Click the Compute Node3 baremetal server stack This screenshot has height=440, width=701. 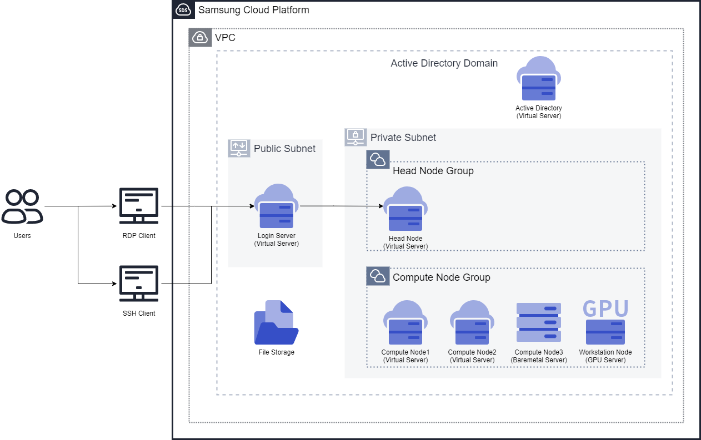click(538, 322)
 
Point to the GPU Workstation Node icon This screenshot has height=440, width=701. click(605, 322)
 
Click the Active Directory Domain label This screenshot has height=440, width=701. click(444, 63)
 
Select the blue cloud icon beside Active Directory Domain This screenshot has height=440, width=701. click(538, 78)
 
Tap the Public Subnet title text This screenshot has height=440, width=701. click(284, 149)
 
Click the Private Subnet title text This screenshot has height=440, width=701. click(403, 138)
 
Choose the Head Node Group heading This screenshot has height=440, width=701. click(433, 171)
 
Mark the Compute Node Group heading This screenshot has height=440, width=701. click(441, 277)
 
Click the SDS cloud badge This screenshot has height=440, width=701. click(183, 9)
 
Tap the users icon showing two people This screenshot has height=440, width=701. click(22, 207)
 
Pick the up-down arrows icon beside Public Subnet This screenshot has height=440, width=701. click(239, 148)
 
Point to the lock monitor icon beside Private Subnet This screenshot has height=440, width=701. click(355, 137)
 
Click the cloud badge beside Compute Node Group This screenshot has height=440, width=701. click(378, 276)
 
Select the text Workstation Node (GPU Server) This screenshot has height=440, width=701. click(605, 356)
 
